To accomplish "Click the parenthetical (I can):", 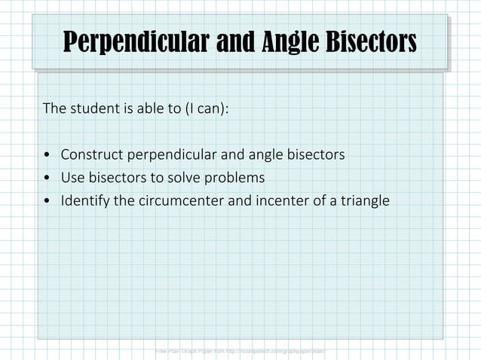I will point(206,108).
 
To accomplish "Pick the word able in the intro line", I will point(149,108).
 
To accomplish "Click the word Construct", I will point(93,155).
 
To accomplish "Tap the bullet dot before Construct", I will point(47,156).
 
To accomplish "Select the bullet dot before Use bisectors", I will point(47,179).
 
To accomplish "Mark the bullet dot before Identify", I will point(47,202).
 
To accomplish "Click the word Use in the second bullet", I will point(72,178).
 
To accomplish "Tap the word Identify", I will point(86,202).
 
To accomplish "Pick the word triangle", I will point(363,202).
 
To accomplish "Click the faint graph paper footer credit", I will point(239,351).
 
